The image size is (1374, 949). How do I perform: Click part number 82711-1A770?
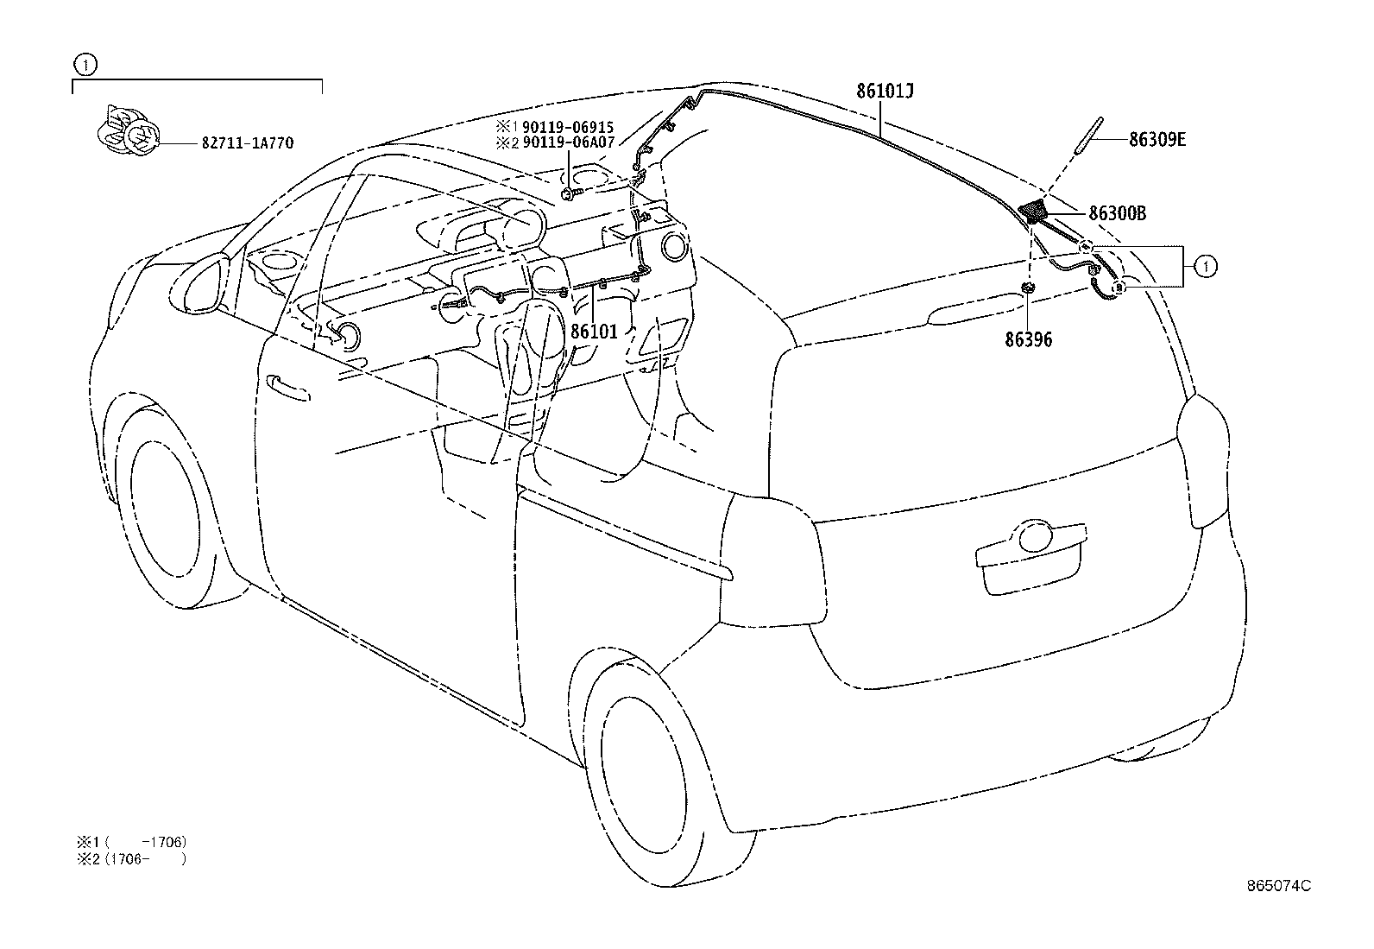point(247,143)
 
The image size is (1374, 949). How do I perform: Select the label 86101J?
point(885,92)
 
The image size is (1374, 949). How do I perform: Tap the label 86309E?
point(1157,138)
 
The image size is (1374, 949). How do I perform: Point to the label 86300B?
point(1117,212)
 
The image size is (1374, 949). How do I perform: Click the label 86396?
point(1028,340)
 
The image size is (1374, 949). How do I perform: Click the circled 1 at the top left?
point(84,64)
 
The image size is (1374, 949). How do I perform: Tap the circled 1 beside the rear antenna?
point(1207,268)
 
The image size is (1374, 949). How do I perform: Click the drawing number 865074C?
point(1278,886)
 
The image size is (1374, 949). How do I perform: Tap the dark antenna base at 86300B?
point(1033,211)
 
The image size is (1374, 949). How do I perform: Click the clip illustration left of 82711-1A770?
point(126,134)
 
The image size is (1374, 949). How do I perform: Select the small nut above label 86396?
point(1028,288)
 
